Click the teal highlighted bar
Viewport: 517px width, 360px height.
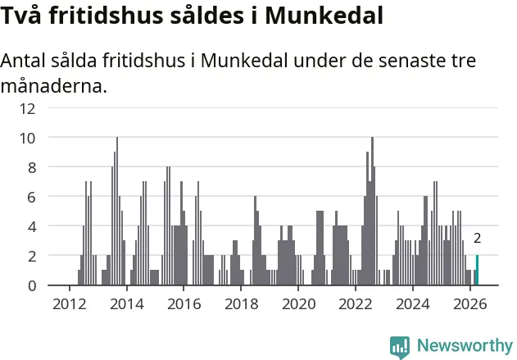coord(477,270)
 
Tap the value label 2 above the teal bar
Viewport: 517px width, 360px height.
coord(477,238)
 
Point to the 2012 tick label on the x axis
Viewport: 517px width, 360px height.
coord(70,304)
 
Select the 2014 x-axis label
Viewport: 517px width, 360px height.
coord(127,304)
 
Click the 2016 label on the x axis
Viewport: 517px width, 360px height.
coord(184,304)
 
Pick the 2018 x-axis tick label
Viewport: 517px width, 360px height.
coord(242,304)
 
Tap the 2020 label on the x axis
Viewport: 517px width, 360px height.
coord(298,304)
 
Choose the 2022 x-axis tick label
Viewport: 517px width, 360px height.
coord(356,304)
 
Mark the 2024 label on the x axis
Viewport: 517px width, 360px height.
coord(413,304)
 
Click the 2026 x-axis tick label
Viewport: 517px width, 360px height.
coord(470,304)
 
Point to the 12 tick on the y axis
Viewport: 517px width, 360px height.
coord(27,108)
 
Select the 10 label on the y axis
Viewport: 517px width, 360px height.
coord(27,139)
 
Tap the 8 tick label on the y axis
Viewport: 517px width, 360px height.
coord(32,168)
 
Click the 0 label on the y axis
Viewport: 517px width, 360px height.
coord(32,285)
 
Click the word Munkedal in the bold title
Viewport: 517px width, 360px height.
coord(324,16)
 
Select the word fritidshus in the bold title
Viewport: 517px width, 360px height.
coord(107,16)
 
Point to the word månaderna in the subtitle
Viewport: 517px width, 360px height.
coord(54,86)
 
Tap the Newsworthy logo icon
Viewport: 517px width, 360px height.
coord(400,348)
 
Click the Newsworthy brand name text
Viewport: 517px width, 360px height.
coord(465,345)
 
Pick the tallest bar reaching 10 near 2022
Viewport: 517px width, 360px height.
coord(372,211)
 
